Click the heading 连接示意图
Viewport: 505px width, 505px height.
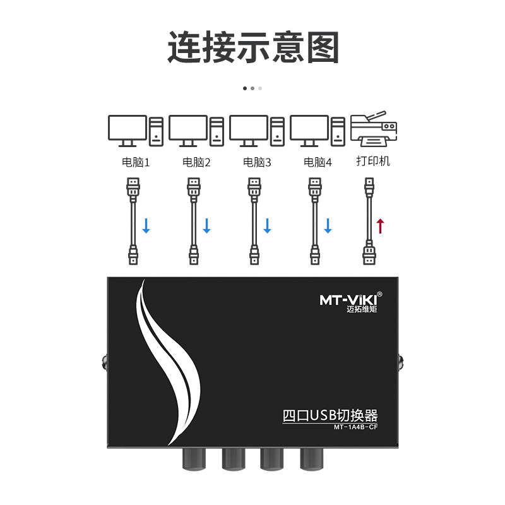point(253,48)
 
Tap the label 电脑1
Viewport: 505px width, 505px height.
point(136,162)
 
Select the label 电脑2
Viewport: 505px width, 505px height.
point(196,162)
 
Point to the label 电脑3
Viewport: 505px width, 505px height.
point(257,162)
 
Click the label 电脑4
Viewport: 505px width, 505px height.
point(318,162)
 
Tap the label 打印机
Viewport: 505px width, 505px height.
point(373,161)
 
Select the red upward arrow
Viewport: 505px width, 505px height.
point(380,225)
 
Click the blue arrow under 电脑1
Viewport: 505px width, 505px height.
point(146,225)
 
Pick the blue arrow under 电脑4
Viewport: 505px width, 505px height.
point(328,225)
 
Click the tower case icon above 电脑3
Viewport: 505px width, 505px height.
point(277,131)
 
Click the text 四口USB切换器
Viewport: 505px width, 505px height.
point(330,416)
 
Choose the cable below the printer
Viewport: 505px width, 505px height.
point(369,221)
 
